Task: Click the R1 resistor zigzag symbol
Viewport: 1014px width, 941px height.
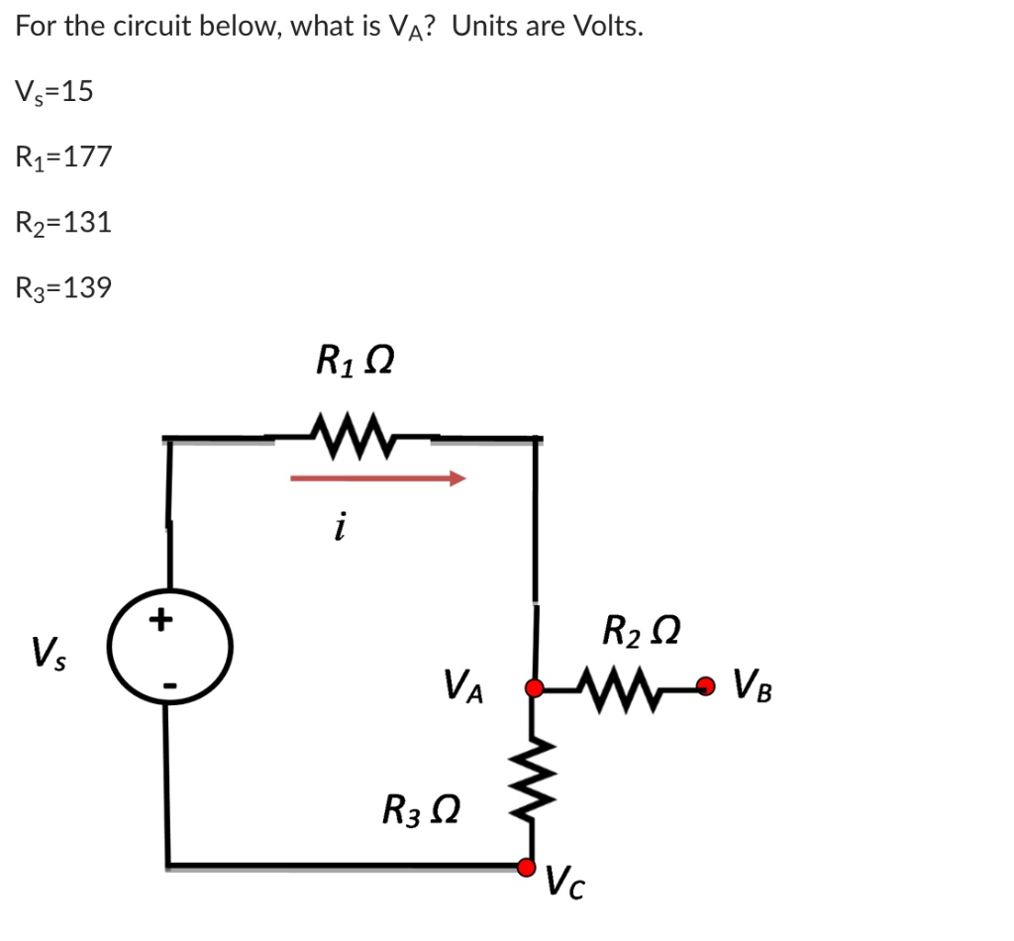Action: click(x=352, y=432)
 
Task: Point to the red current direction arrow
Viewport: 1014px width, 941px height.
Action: click(x=377, y=479)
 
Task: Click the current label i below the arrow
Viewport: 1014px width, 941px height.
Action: click(x=340, y=529)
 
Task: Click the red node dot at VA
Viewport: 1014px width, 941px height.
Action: click(x=535, y=687)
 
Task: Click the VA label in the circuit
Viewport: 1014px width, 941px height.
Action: click(x=464, y=684)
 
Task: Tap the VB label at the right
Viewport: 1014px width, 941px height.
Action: click(x=752, y=684)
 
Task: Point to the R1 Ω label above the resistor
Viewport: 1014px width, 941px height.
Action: click(x=354, y=360)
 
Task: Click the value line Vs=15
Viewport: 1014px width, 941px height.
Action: click(x=53, y=91)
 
